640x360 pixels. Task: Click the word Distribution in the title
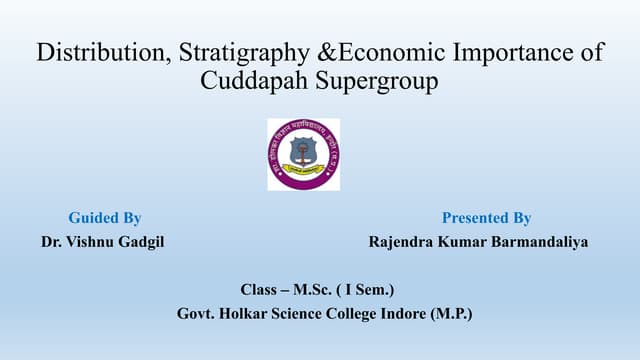click(x=97, y=52)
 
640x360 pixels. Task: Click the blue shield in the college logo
click(x=303, y=150)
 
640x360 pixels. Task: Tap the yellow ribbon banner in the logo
click(x=303, y=171)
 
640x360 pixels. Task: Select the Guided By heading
click(x=104, y=217)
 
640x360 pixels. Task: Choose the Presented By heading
click(x=486, y=217)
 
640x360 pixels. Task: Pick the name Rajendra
click(x=402, y=242)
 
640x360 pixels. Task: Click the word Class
click(x=261, y=290)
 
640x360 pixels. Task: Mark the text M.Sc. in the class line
click(x=316, y=290)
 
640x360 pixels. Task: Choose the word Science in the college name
click(x=309, y=314)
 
